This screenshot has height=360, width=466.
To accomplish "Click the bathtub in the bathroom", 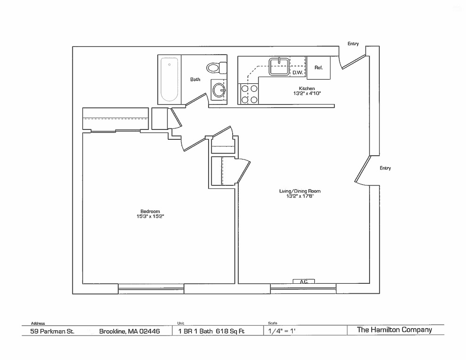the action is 169,80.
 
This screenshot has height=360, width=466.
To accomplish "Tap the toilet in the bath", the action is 217,68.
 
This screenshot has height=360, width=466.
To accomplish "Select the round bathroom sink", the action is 219,89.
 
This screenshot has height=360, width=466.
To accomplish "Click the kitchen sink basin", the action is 279,66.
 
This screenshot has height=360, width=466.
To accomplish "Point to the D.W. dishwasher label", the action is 297,72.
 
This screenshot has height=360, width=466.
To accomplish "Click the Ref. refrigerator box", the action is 319,68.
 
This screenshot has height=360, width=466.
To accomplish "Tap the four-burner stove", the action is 249,94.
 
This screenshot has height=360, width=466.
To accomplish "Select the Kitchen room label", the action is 307,88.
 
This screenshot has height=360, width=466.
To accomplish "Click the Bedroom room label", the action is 150,211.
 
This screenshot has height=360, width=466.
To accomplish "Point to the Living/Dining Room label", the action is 300,191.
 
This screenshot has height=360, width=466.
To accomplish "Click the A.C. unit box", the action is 304,281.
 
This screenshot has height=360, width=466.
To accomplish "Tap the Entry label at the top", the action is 353,44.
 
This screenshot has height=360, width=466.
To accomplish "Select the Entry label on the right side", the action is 385,168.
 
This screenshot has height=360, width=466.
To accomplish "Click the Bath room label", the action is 195,80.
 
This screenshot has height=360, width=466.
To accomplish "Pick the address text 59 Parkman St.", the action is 52,331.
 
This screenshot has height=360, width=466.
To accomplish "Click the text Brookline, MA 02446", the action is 129,331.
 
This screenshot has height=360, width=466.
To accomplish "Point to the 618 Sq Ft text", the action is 230,331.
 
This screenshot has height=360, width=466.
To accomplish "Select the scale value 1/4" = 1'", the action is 281,331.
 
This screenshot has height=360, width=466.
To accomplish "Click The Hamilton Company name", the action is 394,330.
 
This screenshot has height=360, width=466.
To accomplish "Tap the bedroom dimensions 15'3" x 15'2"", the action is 150,216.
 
